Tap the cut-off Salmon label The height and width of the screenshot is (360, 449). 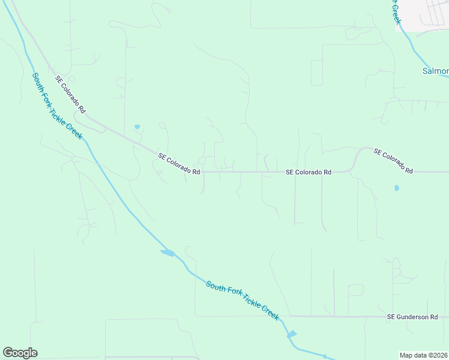pos(436,71)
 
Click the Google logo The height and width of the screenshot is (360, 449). pos(20,353)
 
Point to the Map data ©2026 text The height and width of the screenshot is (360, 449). pos(424,355)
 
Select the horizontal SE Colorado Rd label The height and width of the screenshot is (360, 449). pos(309,172)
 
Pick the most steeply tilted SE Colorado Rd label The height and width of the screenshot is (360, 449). pos(71,95)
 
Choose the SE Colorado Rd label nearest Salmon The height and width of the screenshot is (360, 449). pos(393,161)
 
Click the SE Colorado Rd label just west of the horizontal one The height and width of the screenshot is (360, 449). pos(179,163)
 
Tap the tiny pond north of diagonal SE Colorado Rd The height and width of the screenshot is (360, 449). pos(137,127)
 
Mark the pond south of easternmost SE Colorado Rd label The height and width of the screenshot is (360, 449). pos(396,188)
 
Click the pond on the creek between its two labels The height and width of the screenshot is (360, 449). pos(168,253)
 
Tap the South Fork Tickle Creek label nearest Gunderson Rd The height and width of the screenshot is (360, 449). pos(243,300)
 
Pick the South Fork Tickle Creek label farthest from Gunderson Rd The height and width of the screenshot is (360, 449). pos(57,106)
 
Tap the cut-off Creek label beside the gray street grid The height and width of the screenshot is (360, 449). pos(396,12)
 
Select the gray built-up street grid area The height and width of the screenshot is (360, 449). pos(427,15)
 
